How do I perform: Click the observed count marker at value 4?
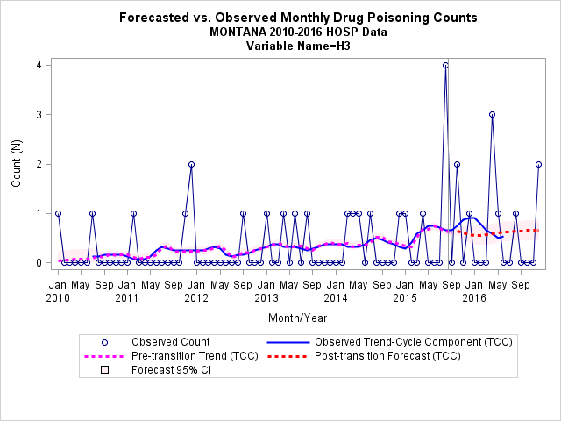pos(445,65)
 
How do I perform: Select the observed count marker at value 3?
pos(492,115)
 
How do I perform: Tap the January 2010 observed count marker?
pos(58,213)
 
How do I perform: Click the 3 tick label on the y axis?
pos(39,115)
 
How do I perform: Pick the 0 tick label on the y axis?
pos(39,263)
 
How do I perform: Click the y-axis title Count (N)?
pos(17,163)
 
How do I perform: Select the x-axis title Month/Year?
pos(298,318)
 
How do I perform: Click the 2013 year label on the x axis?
pos(266,298)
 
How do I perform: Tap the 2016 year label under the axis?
pos(474,298)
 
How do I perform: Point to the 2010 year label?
pos(58,298)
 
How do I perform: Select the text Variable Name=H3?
pos(298,46)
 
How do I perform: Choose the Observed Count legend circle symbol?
pos(104,343)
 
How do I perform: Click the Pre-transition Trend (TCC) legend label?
pos(195,356)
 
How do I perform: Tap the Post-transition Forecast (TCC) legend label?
pos(387,356)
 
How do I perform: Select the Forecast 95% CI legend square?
pos(104,369)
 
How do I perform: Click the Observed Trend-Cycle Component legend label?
pos(413,342)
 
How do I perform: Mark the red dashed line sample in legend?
pos(288,357)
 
